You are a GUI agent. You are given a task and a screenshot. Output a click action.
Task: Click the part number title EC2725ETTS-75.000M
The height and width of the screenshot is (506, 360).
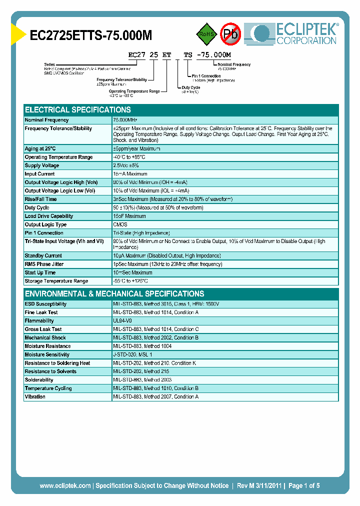tap(91, 35)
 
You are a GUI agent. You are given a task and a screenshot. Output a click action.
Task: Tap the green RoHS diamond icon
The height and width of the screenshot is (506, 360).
tap(206, 34)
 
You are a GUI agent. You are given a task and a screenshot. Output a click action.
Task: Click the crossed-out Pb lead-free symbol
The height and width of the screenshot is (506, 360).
tap(230, 34)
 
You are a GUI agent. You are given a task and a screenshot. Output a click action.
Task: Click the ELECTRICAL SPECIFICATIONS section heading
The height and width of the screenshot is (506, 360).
tap(78, 110)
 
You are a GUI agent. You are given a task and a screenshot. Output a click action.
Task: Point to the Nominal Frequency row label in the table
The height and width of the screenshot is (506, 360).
tap(47, 120)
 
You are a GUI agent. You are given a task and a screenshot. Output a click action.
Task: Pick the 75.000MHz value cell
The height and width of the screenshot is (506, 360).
tap(125, 120)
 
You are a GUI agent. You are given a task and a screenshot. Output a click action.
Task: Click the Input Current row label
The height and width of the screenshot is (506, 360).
tap(40, 174)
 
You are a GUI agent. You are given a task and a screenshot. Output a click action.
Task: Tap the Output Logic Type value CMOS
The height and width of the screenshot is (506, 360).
tap(120, 224)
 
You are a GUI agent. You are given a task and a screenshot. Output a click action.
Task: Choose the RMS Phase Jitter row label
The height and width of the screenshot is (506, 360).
tap(44, 264)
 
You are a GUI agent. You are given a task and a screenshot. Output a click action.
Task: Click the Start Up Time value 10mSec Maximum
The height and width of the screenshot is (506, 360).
tap(132, 272)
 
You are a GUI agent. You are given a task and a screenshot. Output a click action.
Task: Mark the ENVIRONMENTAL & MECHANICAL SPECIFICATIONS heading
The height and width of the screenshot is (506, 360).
tap(114, 294)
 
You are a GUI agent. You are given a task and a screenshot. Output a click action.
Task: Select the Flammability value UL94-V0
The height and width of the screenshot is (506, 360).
tap(122, 320)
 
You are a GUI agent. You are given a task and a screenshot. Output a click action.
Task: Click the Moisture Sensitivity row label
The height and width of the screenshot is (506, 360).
tap(47, 354)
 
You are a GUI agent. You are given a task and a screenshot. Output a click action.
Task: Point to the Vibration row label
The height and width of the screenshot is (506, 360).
tap(35, 396)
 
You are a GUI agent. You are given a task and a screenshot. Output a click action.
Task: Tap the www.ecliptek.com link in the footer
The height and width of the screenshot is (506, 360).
tap(65, 485)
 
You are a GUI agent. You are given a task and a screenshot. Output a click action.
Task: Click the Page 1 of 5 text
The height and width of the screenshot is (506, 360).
tap(303, 485)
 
